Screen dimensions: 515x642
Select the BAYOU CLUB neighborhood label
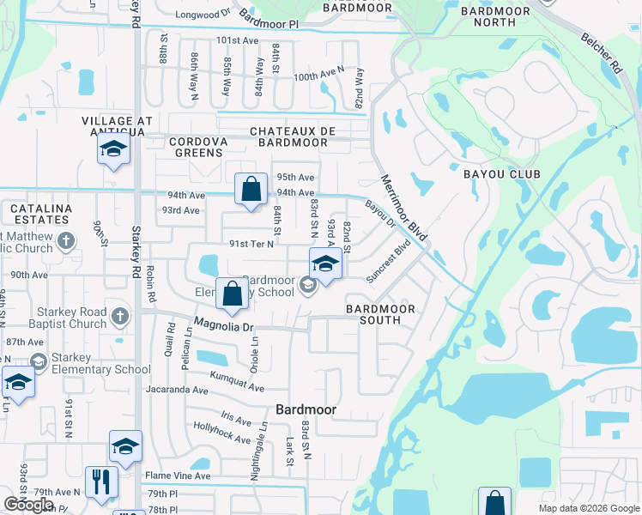(501, 174)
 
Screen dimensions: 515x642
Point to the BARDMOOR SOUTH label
(380, 314)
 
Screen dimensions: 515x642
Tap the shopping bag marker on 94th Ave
(250, 190)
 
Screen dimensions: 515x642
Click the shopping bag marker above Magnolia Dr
(232, 294)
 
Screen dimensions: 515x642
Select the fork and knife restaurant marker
(101, 483)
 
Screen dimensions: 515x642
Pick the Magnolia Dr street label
(225, 326)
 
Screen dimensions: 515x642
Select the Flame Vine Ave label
(178, 476)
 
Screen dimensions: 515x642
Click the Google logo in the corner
(28, 504)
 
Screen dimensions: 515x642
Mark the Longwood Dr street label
(203, 15)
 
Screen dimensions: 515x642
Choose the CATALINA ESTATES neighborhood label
(40, 215)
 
